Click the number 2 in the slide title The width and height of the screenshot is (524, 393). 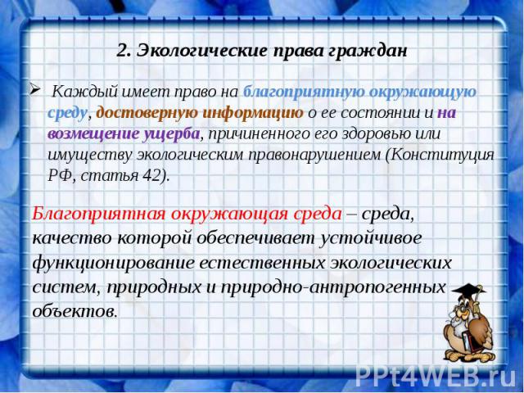122,51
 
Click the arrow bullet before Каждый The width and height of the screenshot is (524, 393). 36,89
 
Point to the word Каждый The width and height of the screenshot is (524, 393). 85,92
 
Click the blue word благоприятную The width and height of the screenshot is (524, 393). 304,92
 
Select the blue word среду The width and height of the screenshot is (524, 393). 68,113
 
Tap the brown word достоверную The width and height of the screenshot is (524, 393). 147,113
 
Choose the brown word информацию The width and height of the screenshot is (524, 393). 254,113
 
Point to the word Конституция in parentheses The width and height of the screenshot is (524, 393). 441,155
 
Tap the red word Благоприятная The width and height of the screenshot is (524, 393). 98,215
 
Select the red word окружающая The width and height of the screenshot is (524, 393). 229,215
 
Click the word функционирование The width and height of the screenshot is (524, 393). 113,263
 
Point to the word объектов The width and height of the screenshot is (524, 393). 75,311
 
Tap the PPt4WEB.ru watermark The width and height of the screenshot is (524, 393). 436,377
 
